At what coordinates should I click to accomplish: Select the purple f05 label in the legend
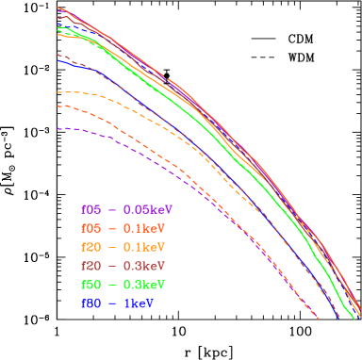90,209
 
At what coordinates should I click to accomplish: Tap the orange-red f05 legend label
90,228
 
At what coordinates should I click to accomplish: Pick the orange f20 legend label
90,247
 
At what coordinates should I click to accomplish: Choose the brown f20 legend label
90,266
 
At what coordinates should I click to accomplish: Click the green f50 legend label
90,285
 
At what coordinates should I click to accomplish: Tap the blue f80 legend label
90,304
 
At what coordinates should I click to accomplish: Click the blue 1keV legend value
139,304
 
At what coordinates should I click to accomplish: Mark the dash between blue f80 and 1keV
112,304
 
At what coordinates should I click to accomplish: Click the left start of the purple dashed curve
58,128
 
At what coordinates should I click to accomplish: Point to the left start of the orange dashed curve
58,92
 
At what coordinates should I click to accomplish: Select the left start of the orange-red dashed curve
58,105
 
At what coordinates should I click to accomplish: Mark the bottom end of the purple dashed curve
318,319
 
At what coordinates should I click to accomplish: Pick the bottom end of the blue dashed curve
337,318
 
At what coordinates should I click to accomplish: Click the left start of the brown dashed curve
58,55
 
